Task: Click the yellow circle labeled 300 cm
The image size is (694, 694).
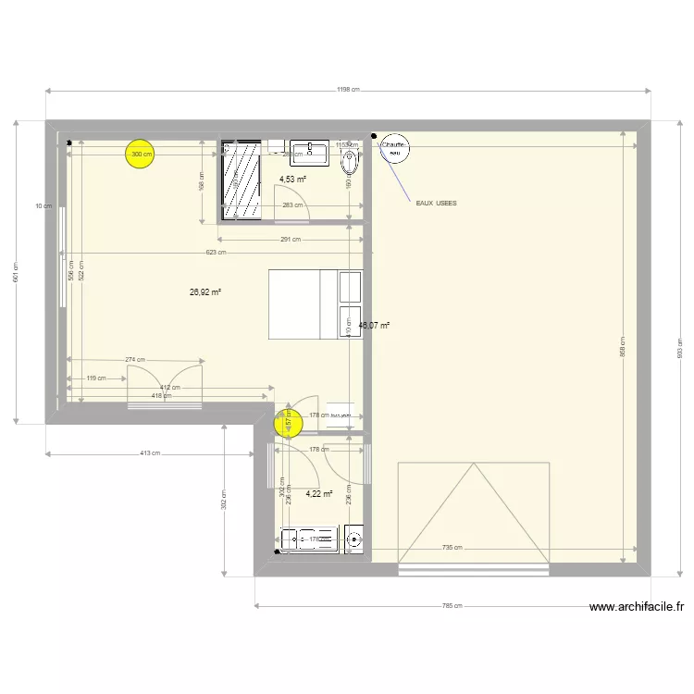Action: [140, 155]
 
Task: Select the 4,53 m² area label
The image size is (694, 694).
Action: [292, 180]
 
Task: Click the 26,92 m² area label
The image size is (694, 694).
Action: [205, 291]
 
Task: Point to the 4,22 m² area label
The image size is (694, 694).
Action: [318, 494]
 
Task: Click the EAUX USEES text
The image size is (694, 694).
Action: [436, 203]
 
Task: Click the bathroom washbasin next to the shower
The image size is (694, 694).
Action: [308, 151]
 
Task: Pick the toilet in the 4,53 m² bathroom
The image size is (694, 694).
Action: [352, 164]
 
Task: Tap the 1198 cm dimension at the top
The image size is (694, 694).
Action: [348, 90]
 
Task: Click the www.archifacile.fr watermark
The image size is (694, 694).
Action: [637, 607]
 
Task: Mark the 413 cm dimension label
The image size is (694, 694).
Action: [150, 453]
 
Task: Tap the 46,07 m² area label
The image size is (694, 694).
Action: [375, 326]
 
